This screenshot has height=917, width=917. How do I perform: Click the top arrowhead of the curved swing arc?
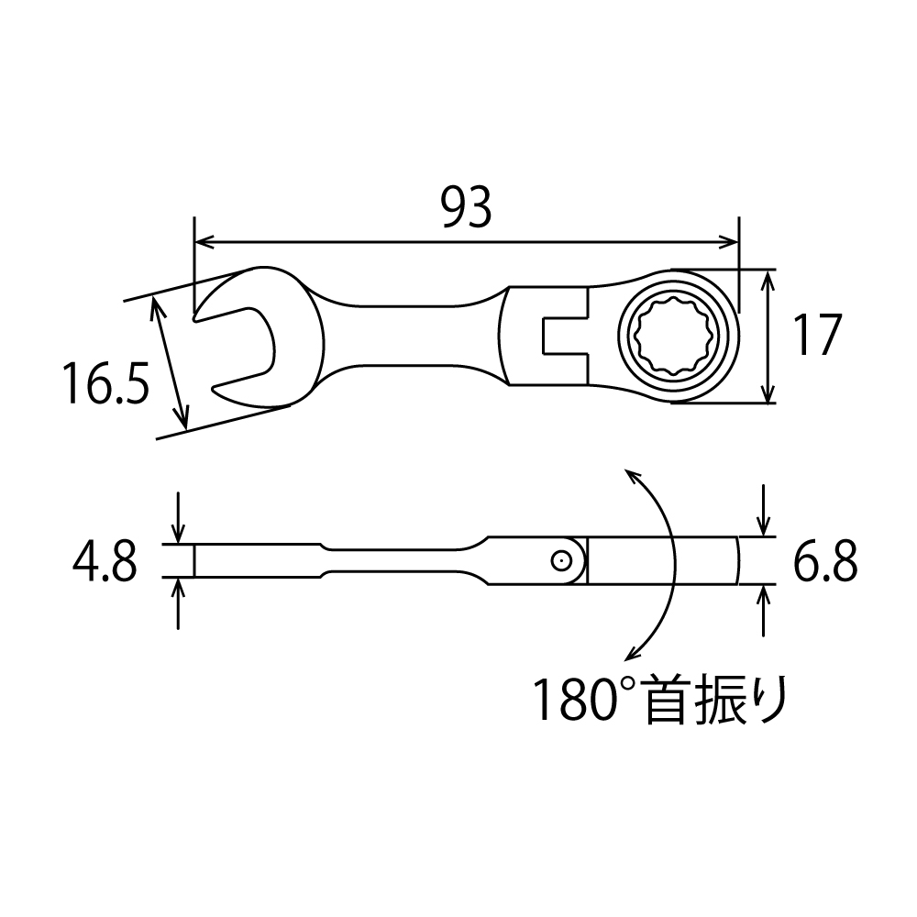coord(630,473)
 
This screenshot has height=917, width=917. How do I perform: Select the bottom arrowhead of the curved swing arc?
coord(631,653)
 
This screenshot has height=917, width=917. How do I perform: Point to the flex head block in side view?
coord(662,560)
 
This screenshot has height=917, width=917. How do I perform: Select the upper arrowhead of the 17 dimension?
coord(768,277)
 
